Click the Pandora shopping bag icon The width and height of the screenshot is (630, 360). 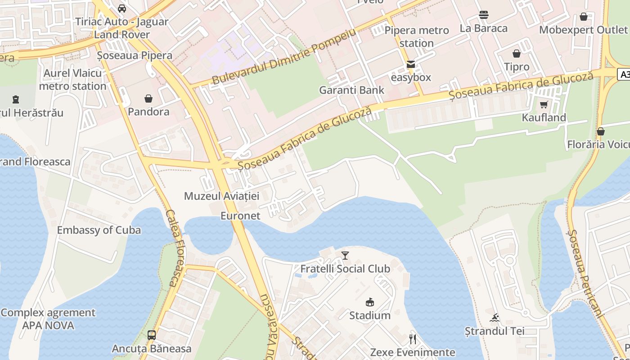(x=148, y=99)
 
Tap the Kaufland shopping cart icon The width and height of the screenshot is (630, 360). (x=544, y=105)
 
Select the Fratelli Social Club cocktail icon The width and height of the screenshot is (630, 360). (x=345, y=256)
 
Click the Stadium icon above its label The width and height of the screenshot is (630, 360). (x=370, y=302)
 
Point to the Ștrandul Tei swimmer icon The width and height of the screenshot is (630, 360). (x=495, y=318)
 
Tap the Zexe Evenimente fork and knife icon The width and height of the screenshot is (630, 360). (x=413, y=339)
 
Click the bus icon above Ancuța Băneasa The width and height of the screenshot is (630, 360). (x=152, y=335)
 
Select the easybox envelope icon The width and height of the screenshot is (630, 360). (x=411, y=64)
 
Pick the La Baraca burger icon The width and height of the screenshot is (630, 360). (x=484, y=15)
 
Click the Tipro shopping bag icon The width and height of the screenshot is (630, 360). (x=517, y=54)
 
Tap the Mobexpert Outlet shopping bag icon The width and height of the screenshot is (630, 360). (x=584, y=17)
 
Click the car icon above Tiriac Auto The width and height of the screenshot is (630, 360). (x=122, y=8)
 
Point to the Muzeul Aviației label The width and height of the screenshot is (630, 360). (x=222, y=196)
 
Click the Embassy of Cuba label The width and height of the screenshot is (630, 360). (x=99, y=230)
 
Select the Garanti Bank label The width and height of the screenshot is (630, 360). (x=351, y=90)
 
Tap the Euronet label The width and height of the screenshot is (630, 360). (x=240, y=216)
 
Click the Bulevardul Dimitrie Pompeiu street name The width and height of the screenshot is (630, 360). (x=283, y=57)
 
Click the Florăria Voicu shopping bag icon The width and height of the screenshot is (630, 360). (x=600, y=131)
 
